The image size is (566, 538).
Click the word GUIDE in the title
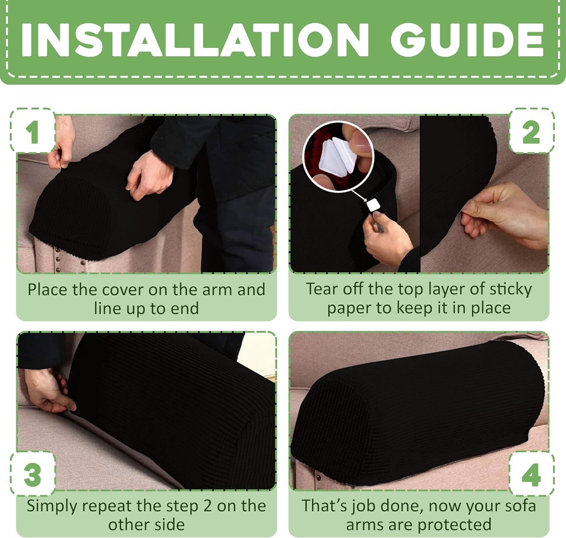[x=467, y=40]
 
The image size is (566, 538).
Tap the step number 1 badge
[x=33, y=131]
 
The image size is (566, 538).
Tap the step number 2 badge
[x=531, y=132]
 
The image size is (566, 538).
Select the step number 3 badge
[x=32, y=474]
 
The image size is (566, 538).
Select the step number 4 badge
[x=531, y=474]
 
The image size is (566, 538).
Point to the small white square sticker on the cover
[x=372, y=205]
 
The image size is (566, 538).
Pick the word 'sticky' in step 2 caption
[x=511, y=289]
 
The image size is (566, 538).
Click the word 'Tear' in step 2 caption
[x=320, y=289]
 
